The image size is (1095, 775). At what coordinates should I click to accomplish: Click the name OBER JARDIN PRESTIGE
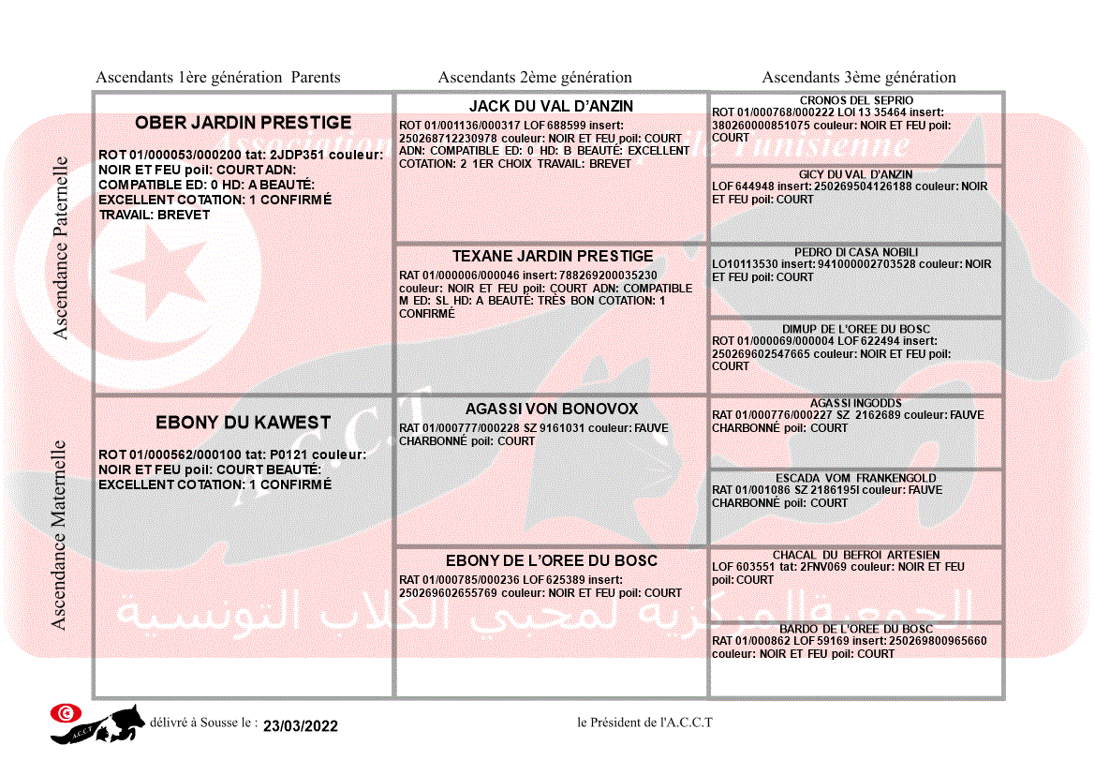(x=243, y=123)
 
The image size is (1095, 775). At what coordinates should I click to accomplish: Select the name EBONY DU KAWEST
(x=243, y=423)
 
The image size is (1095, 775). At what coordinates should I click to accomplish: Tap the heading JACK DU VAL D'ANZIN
(x=551, y=107)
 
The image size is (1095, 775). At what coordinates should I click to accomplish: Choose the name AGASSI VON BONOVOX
(x=552, y=410)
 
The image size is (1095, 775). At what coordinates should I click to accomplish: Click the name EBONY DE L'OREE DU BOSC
(x=551, y=561)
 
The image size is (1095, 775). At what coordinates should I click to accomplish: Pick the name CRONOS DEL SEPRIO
(x=856, y=100)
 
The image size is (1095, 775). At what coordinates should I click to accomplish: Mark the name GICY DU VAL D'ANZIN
(x=855, y=174)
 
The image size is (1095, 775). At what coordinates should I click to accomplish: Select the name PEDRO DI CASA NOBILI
(x=856, y=252)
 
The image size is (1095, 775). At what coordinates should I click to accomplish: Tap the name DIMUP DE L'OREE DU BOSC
(x=856, y=329)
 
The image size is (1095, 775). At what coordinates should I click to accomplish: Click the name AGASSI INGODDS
(x=855, y=403)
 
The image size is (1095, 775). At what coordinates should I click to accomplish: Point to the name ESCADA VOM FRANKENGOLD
(x=855, y=478)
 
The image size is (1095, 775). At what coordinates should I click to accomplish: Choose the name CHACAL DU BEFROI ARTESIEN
(x=856, y=555)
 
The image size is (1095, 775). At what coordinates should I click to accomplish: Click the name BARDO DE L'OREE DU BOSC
(x=856, y=629)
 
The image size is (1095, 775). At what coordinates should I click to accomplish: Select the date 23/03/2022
(x=300, y=726)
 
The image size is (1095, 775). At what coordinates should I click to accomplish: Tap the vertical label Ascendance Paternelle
(x=61, y=248)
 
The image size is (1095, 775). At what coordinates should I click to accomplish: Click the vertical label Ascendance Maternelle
(x=59, y=535)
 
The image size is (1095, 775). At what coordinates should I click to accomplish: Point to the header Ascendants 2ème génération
(x=535, y=78)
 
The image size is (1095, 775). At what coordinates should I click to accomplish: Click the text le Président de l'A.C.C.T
(x=644, y=723)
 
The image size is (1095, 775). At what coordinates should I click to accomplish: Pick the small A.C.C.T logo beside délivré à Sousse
(x=97, y=723)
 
